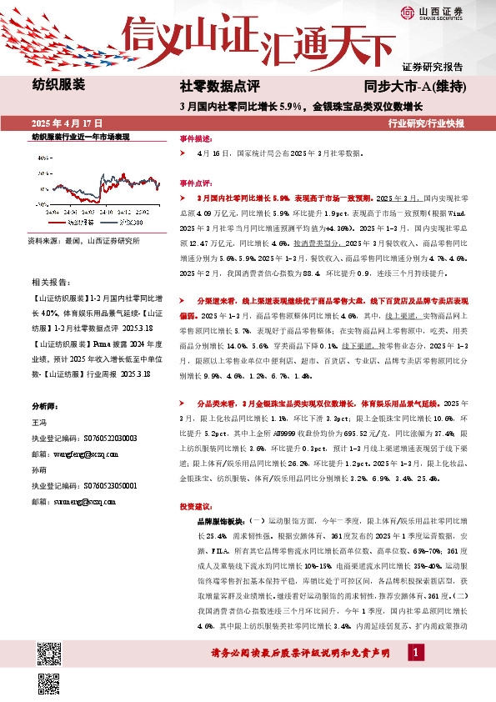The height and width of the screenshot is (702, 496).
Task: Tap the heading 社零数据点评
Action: pyautogui.click(x=221, y=85)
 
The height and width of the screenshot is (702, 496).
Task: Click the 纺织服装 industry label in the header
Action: pyautogui.click(x=59, y=83)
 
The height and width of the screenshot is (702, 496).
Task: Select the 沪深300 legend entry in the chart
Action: pyautogui.click(x=128, y=223)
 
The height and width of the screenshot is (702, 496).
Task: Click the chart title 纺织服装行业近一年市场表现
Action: pyautogui.click(x=81, y=135)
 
